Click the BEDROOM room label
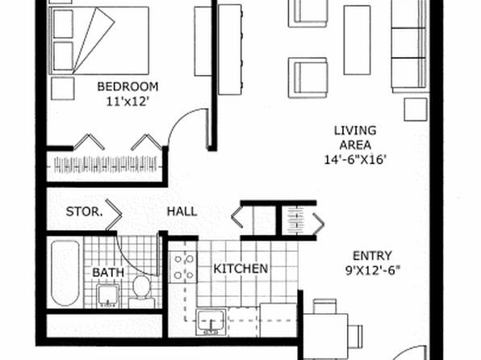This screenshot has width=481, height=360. pyautogui.click(x=128, y=86)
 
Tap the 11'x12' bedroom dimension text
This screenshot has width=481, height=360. pyautogui.click(x=128, y=101)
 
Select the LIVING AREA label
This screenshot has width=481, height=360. pyautogui.click(x=355, y=137)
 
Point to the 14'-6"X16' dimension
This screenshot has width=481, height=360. pyautogui.click(x=355, y=160)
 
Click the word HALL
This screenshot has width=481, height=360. pyautogui.click(x=182, y=211)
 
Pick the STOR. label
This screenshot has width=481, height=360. pyautogui.click(x=85, y=211)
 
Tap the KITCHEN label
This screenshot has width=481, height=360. pyautogui.click(x=240, y=269)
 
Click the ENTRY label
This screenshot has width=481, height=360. pyautogui.click(x=372, y=256)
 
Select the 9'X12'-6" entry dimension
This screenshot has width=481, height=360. pyautogui.click(x=373, y=270)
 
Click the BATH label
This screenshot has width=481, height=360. pyautogui.click(x=108, y=273)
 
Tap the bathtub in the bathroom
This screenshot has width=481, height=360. pyautogui.click(x=65, y=273)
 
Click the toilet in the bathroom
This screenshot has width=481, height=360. pyautogui.click(x=141, y=288)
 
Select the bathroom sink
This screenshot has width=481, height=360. pyautogui.click(x=107, y=296)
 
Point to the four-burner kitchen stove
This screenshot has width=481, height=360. pyautogui.click(x=183, y=267)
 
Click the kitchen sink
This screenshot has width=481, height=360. pyautogui.click(x=211, y=321)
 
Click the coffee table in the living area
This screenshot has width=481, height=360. pyautogui.click(x=357, y=40)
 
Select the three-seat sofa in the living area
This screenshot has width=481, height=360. pyautogui.click(x=409, y=46)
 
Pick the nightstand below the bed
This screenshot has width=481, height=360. pyautogui.click(x=63, y=89)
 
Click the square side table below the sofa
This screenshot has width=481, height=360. pyautogui.click(x=416, y=110)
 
